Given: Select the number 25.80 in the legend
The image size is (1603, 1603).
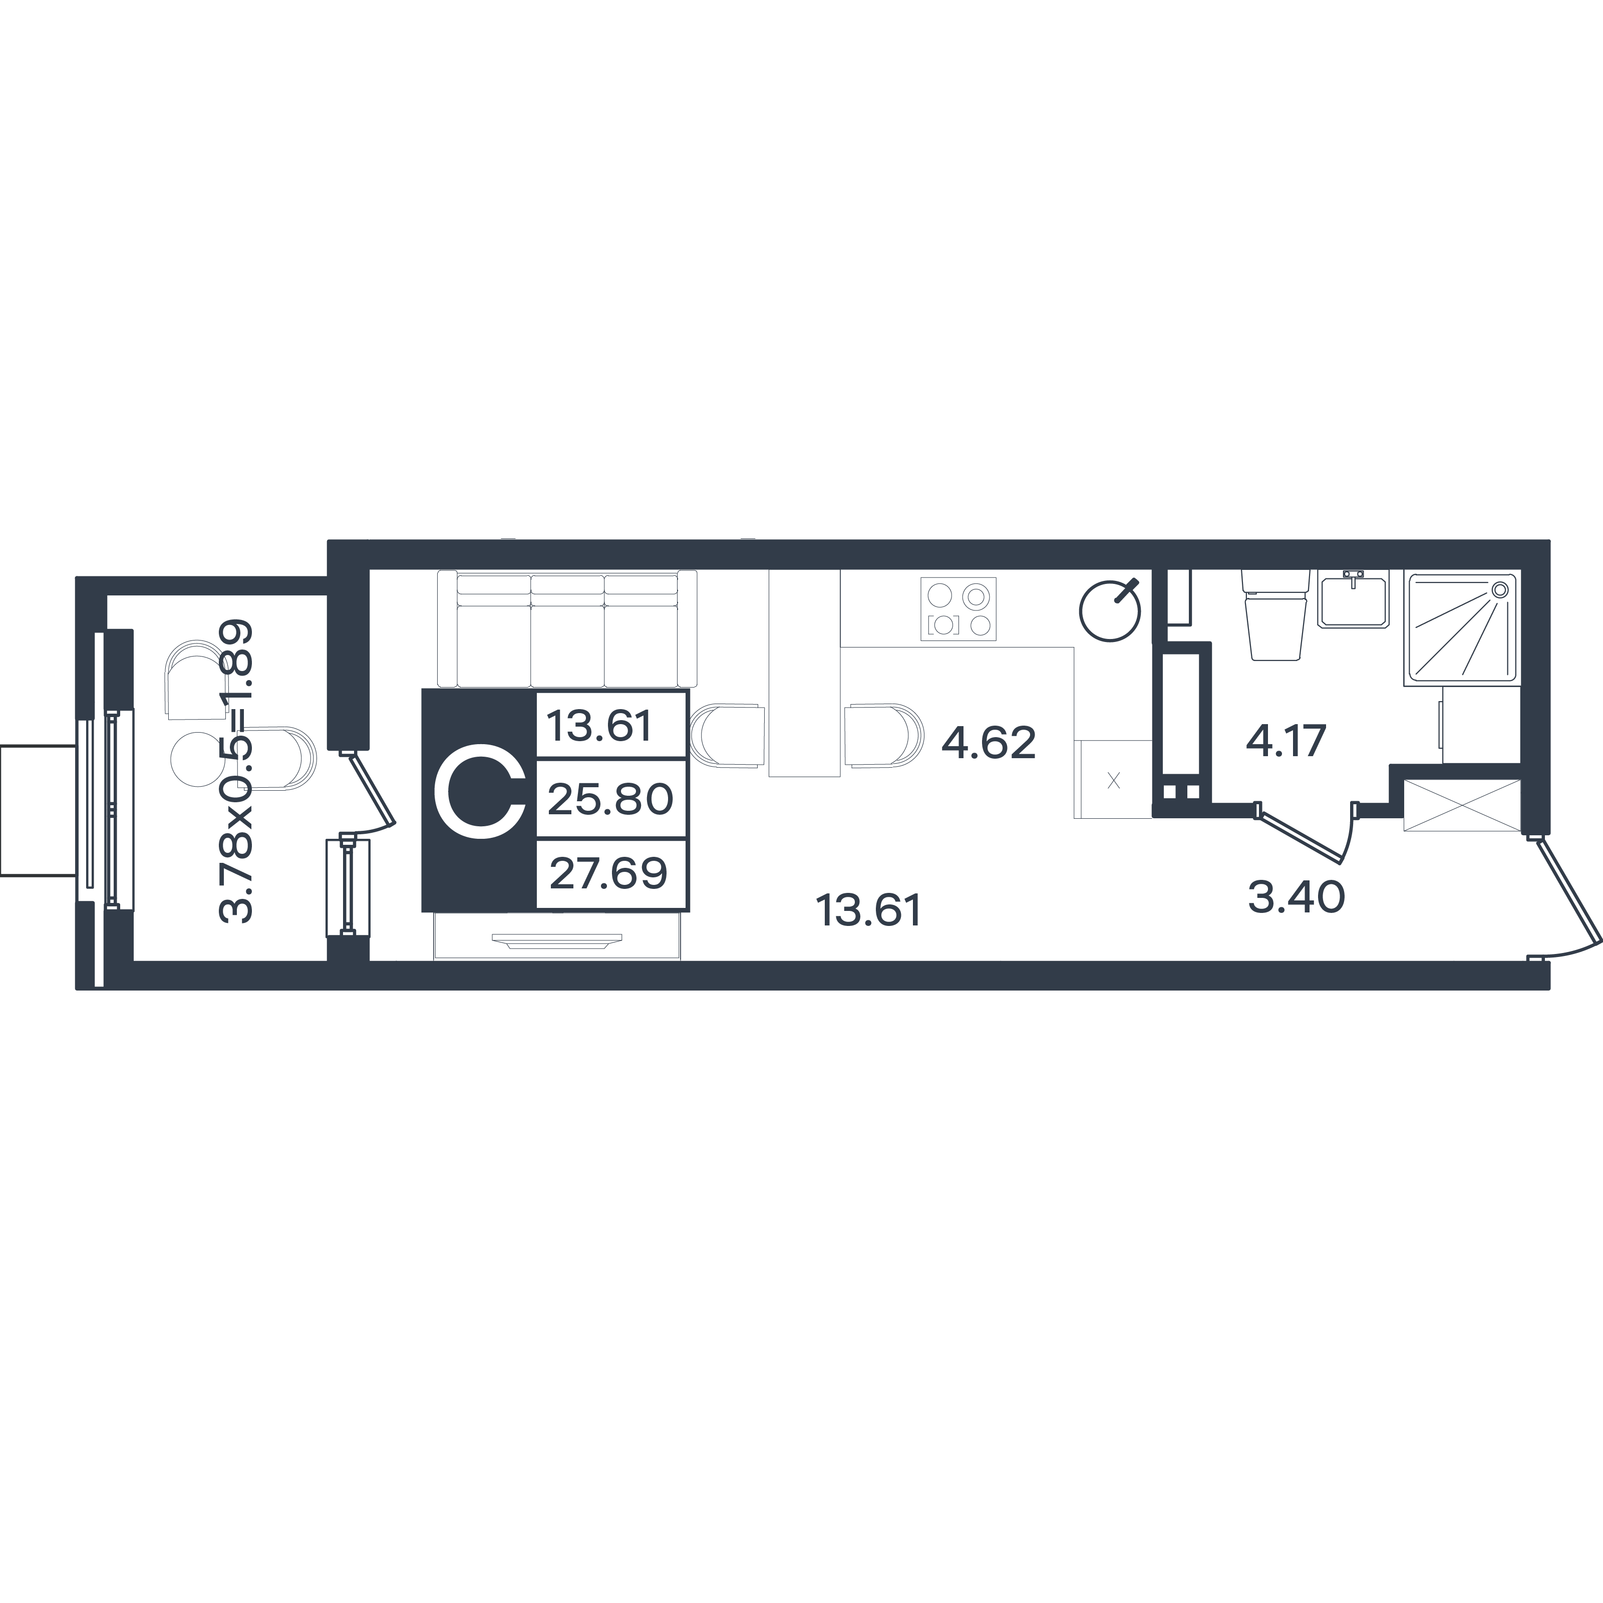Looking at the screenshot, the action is [x=610, y=800].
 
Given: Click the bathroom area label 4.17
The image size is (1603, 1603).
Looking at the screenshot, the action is [x=1286, y=741].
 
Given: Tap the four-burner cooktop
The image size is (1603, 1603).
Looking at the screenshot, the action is [x=958, y=609].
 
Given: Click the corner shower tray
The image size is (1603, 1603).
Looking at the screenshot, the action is [x=1462, y=628].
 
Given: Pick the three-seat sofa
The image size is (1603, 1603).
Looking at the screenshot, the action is [x=567, y=629].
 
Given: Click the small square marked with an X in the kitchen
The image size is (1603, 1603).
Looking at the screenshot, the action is [x=1113, y=780].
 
